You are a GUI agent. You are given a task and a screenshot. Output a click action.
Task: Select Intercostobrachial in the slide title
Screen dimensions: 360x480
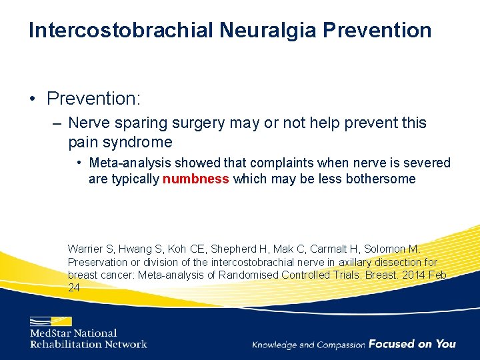point(121,30)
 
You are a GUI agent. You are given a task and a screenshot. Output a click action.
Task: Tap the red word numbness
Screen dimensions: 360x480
point(196,179)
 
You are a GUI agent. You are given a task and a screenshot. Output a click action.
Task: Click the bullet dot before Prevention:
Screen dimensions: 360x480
point(33,99)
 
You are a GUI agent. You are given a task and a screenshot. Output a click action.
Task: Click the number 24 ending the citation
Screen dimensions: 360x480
point(73,287)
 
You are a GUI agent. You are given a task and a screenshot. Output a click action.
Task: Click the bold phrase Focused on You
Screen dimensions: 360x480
point(412,344)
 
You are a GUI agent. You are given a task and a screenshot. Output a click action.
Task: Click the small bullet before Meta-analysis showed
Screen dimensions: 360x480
point(79,163)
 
